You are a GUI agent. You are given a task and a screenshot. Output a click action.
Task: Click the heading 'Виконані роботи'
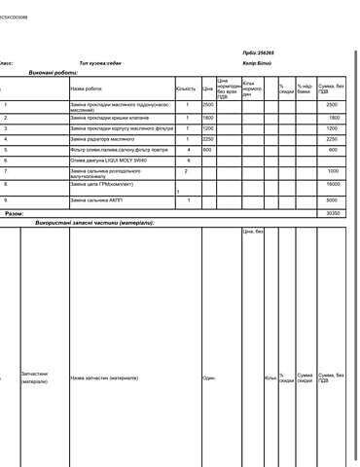point(55,73)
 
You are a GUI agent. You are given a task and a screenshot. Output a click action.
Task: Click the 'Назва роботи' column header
point(86,88)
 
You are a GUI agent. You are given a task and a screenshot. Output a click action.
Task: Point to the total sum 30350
point(334,212)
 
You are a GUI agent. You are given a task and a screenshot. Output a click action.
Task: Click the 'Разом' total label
point(15,212)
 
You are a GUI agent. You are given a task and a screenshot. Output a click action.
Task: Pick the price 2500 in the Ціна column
point(208,104)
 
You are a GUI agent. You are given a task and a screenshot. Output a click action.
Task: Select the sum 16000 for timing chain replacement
point(334,183)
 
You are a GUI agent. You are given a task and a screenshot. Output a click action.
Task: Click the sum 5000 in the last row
point(334,200)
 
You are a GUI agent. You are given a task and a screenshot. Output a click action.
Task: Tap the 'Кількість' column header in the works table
point(186,88)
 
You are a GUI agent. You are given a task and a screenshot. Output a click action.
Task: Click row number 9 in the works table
point(6,200)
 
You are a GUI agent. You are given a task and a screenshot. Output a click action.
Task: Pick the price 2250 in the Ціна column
point(208,139)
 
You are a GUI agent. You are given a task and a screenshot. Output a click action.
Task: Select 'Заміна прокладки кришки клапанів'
point(108,117)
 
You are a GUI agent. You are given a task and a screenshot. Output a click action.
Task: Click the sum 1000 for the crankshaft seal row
point(334,171)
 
